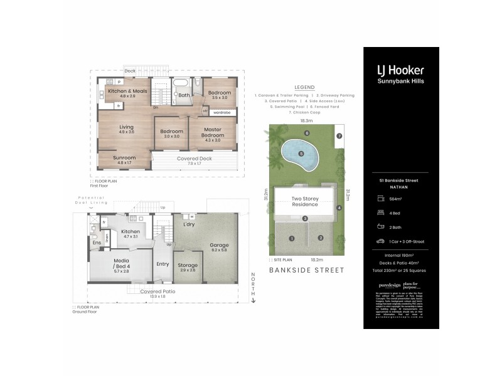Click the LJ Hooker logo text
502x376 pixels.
(400, 70)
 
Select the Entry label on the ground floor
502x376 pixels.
(163, 264)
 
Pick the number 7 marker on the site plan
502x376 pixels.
(339, 135)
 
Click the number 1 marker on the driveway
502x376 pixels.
(292, 238)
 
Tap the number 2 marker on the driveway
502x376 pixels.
(320, 238)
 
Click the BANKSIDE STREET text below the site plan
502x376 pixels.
(306, 270)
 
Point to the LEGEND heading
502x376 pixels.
(304, 87)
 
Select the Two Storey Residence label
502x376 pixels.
(305, 201)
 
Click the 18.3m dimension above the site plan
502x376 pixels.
(306, 120)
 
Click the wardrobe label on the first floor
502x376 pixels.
(220, 113)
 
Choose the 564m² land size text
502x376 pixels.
(396, 199)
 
